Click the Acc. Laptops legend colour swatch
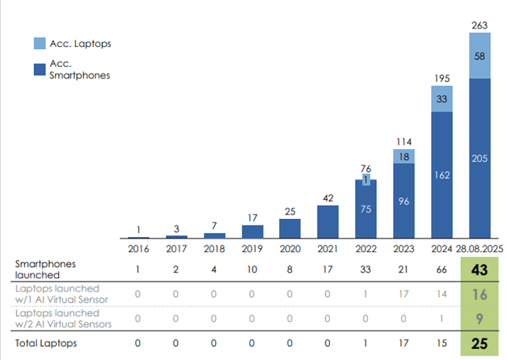pyautogui.click(x=40, y=43)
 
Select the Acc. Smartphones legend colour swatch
pyautogui.click(x=40, y=69)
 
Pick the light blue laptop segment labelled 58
pyautogui.click(x=480, y=56)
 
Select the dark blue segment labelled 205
pyautogui.click(x=480, y=158)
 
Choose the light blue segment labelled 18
pyautogui.click(x=404, y=156)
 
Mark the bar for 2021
pyautogui.click(x=328, y=222)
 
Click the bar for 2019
pyautogui.click(x=253, y=231)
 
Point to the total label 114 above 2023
pyautogui.click(x=404, y=142)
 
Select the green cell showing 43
pyautogui.click(x=480, y=270)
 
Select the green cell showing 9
pyautogui.click(x=480, y=318)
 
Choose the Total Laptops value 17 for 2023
pyautogui.click(x=404, y=342)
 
